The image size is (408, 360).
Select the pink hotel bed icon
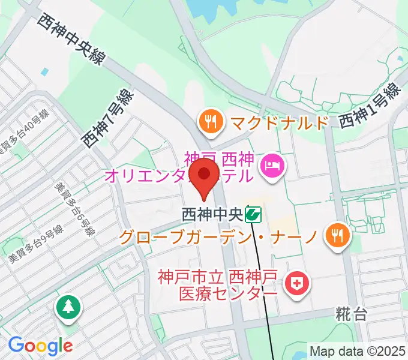pyautogui.click(x=274, y=163)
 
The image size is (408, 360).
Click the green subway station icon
pyautogui.click(x=254, y=214)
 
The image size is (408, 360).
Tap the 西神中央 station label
pyautogui.click(x=213, y=214)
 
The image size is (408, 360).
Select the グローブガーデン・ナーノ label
pyautogui.click(x=217, y=236)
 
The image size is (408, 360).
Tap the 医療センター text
pyautogui.click(x=229, y=294)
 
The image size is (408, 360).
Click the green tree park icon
pyautogui.click(x=67, y=308)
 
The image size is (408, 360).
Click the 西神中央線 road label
pyautogui.click(x=70, y=39)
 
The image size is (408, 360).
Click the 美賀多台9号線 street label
pyautogui.click(x=36, y=244)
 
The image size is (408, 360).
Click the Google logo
pyautogui.click(x=40, y=346)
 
